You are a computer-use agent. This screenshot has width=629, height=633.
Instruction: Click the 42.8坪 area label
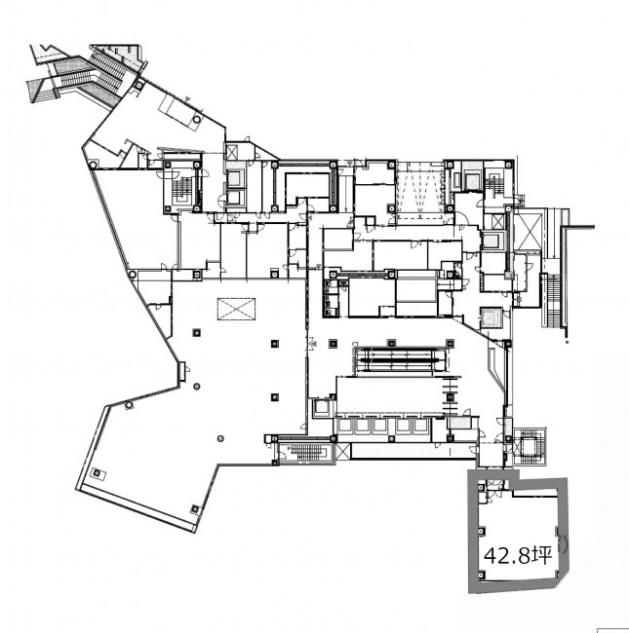518,556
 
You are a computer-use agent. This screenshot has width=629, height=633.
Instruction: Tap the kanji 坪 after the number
541,555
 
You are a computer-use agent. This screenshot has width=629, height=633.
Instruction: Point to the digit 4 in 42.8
490,556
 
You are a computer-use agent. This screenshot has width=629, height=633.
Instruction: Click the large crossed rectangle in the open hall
236,309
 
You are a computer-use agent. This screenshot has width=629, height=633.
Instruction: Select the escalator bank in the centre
401,359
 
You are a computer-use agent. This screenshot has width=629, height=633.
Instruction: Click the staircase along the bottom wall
306,453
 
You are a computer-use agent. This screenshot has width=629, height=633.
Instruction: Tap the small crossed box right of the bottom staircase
342,451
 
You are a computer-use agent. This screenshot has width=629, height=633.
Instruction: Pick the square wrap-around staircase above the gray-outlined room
529,446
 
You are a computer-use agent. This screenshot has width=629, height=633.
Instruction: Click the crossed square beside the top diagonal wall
232,153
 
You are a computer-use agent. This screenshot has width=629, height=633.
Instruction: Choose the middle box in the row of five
380,426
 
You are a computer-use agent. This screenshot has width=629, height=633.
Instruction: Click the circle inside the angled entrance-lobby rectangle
196,119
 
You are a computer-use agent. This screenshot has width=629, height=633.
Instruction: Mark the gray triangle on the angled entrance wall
187,98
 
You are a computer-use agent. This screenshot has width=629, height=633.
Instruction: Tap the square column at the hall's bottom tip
195,508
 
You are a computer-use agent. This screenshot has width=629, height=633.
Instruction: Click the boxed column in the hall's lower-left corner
98,473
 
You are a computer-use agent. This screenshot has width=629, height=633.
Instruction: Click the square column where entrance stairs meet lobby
139,85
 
